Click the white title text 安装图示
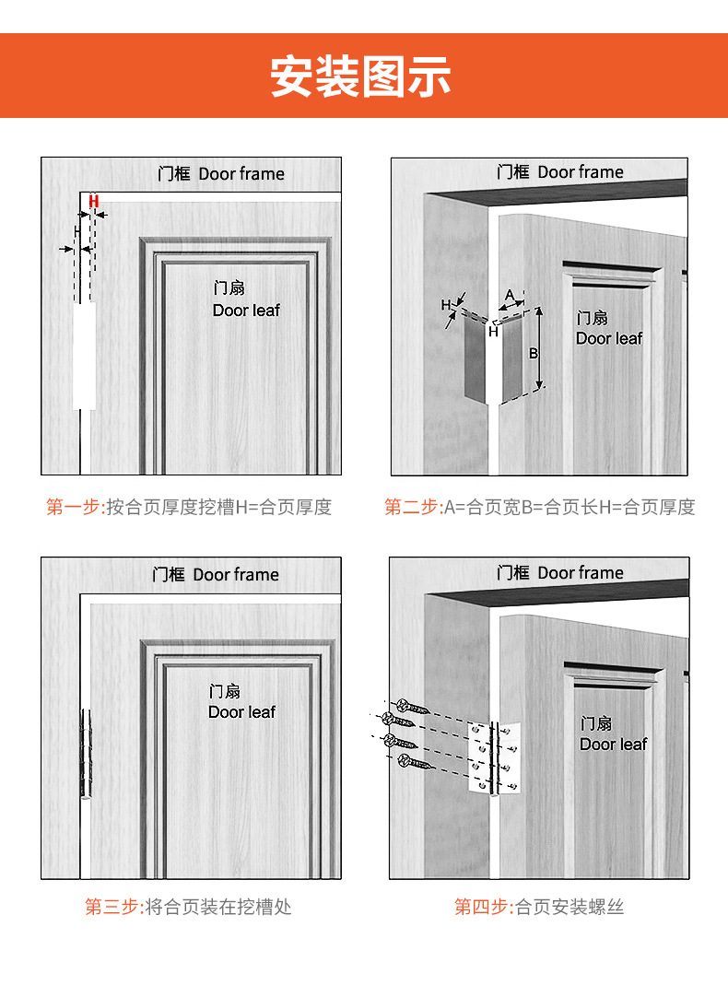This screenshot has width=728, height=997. click(x=361, y=76)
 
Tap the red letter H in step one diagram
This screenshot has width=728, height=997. click(x=94, y=202)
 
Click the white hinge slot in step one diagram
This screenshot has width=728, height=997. click(x=84, y=356)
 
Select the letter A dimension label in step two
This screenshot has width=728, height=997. click(x=510, y=295)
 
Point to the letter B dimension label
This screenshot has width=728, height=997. click(x=534, y=354)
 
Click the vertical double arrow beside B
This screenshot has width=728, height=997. click(x=539, y=348)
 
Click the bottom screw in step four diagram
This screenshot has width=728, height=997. click(x=417, y=762)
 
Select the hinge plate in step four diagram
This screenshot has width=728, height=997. click(x=495, y=757)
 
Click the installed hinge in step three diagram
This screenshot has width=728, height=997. click(x=85, y=754)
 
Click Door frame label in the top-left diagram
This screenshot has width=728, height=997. click(x=241, y=173)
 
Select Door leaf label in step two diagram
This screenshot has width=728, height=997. click(x=609, y=338)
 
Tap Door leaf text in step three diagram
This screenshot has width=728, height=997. click(x=241, y=712)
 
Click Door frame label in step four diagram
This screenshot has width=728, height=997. click(x=581, y=573)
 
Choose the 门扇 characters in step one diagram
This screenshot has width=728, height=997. click(x=229, y=288)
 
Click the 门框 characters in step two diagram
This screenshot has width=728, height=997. click(x=513, y=171)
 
